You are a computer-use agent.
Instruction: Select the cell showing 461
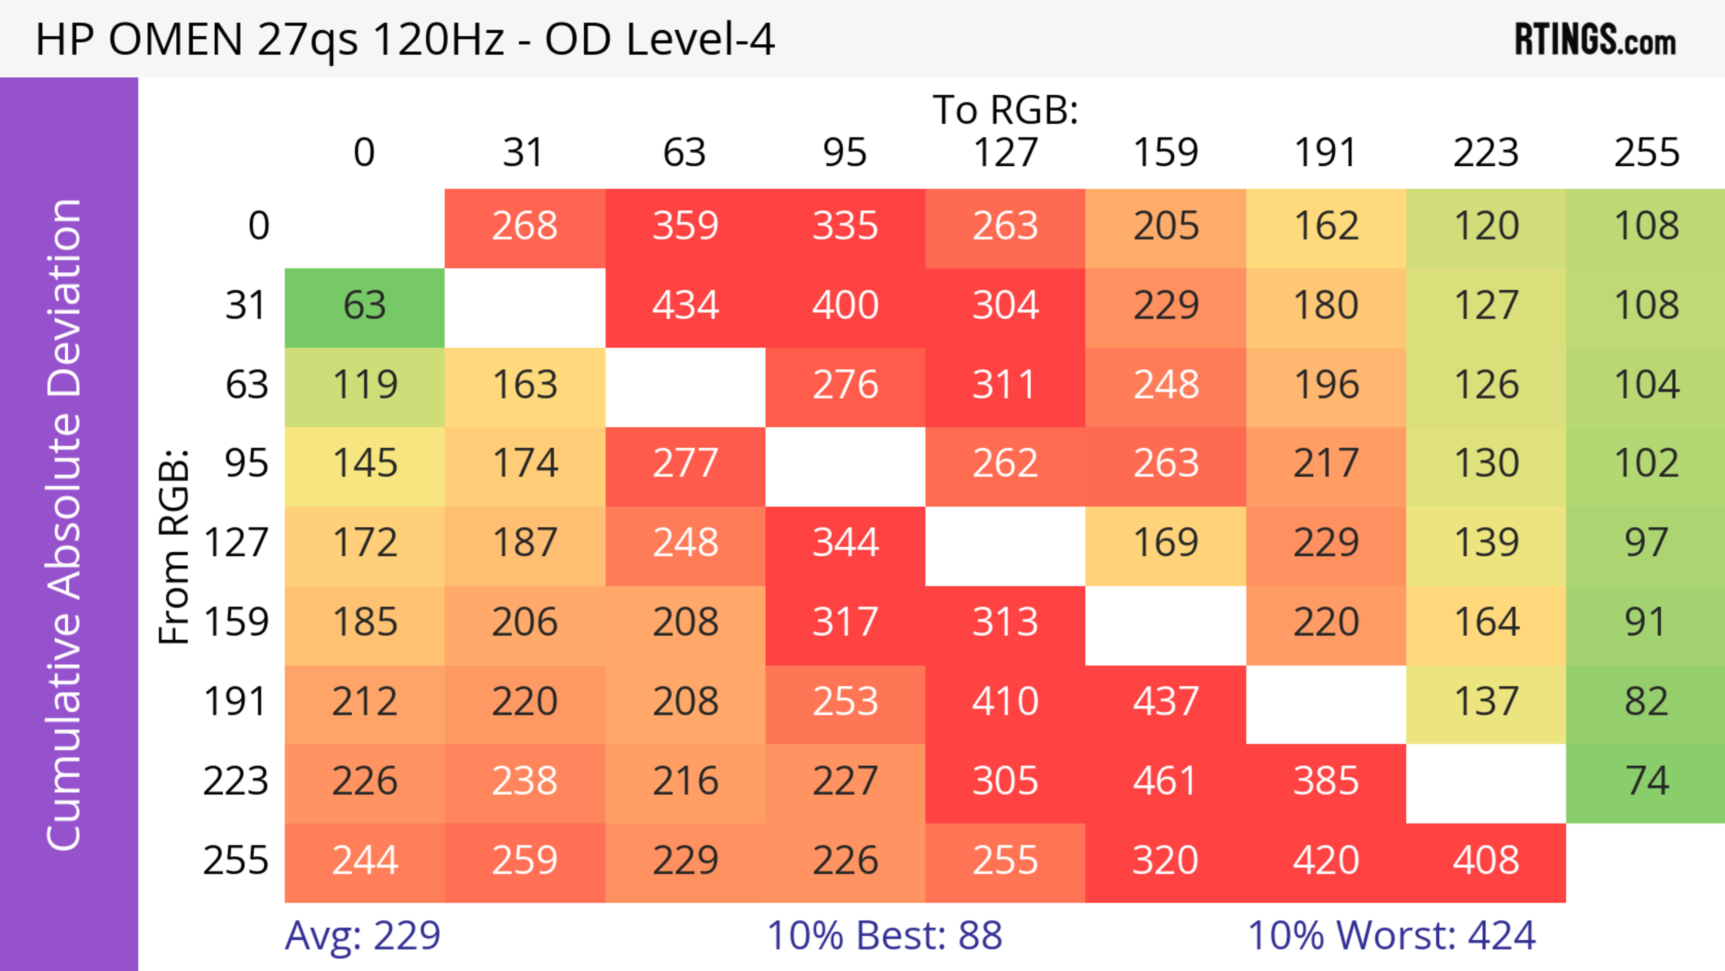1165,781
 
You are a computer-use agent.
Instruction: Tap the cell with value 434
685,306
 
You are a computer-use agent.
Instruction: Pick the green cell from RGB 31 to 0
364,306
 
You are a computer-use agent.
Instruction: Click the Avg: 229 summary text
362,936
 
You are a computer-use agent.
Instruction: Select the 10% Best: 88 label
884,936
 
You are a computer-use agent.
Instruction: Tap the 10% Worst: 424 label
1392,936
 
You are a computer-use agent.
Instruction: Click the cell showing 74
1646,781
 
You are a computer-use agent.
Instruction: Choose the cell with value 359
685,226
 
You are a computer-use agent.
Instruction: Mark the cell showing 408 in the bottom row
1485,860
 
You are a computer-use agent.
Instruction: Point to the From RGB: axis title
174,546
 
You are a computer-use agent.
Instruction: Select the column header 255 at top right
1646,153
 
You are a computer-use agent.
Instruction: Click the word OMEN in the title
176,40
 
